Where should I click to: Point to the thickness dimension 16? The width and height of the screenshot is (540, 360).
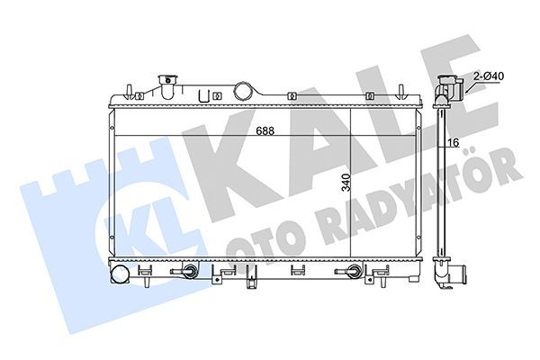(x=455, y=142)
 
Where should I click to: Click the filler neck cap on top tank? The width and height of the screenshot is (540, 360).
(x=166, y=84)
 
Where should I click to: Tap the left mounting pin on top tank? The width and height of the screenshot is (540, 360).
(x=131, y=89)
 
